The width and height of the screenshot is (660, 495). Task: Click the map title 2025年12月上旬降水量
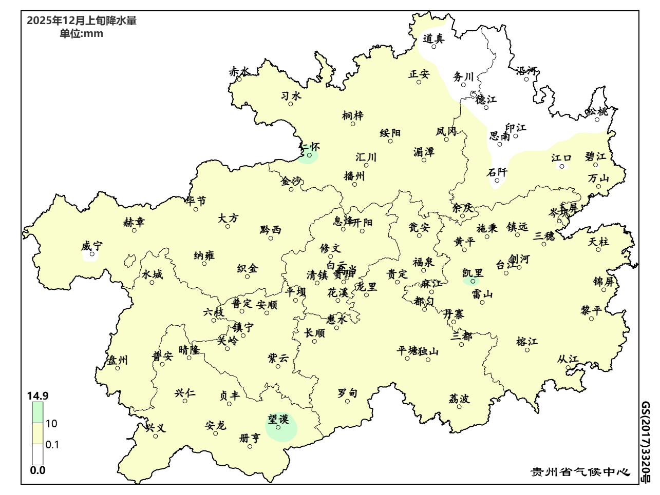[x=81, y=21]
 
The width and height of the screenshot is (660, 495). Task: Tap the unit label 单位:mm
[x=81, y=34]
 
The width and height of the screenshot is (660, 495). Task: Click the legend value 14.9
[x=37, y=396]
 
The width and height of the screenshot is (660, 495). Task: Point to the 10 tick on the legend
[x=51, y=424]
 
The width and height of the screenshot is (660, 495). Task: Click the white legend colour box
[x=37, y=454]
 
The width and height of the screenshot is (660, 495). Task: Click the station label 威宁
[x=92, y=246]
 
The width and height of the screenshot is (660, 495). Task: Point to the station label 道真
[x=433, y=38]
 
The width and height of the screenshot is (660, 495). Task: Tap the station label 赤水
[x=239, y=71]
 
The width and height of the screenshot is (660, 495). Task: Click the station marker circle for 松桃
[x=597, y=120]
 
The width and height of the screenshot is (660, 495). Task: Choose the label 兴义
[x=156, y=427]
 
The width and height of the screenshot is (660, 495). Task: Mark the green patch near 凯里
[x=471, y=281]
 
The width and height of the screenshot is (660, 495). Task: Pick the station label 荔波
[x=459, y=399]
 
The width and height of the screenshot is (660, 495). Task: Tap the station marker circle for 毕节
[x=196, y=209]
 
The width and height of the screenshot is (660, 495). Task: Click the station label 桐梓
[x=353, y=115]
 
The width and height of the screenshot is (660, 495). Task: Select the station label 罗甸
[x=347, y=393]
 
